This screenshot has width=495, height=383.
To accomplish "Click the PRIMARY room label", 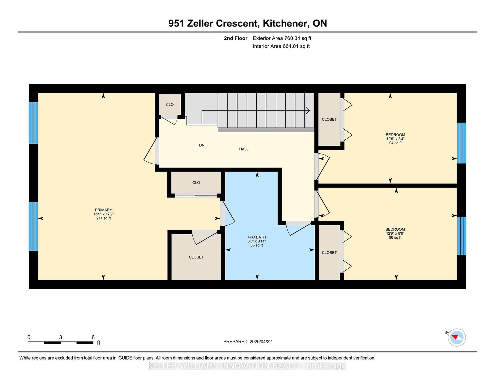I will click(x=103, y=210).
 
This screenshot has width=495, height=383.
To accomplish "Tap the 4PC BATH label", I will click(x=256, y=237).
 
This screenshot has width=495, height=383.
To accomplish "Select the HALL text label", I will click(x=244, y=149).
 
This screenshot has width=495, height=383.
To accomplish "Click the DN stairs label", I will click(x=202, y=145).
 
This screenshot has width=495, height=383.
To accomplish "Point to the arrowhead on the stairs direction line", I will click(x=308, y=110).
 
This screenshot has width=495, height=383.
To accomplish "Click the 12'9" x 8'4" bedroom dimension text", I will click(x=395, y=139).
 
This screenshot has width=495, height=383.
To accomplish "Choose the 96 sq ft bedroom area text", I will click(x=395, y=237).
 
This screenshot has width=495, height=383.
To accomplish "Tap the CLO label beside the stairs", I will click(x=170, y=105).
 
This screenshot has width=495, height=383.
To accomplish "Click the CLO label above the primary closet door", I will click(x=196, y=183).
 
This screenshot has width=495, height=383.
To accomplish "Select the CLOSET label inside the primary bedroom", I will click(x=196, y=257).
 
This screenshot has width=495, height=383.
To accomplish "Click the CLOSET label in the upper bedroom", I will click(x=329, y=120).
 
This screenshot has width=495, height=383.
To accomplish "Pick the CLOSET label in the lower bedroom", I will click(x=329, y=253).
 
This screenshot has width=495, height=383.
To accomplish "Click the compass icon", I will click(x=457, y=337).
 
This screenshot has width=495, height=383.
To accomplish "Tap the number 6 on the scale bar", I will click(x=93, y=337).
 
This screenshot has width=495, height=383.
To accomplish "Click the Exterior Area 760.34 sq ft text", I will click(x=282, y=38).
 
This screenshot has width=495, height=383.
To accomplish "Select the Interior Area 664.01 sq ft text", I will click(x=281, y=46).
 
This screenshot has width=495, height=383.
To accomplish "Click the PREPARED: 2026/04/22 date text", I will click(x=247, y=342).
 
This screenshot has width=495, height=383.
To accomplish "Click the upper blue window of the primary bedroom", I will click(x=33, y=123).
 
